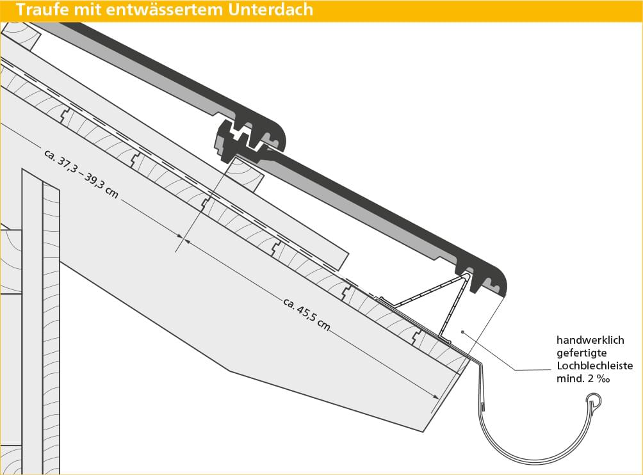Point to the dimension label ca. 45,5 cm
[306, 314]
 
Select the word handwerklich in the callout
[590, 341]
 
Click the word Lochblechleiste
[594, 366]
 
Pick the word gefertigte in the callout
[581, 353]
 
